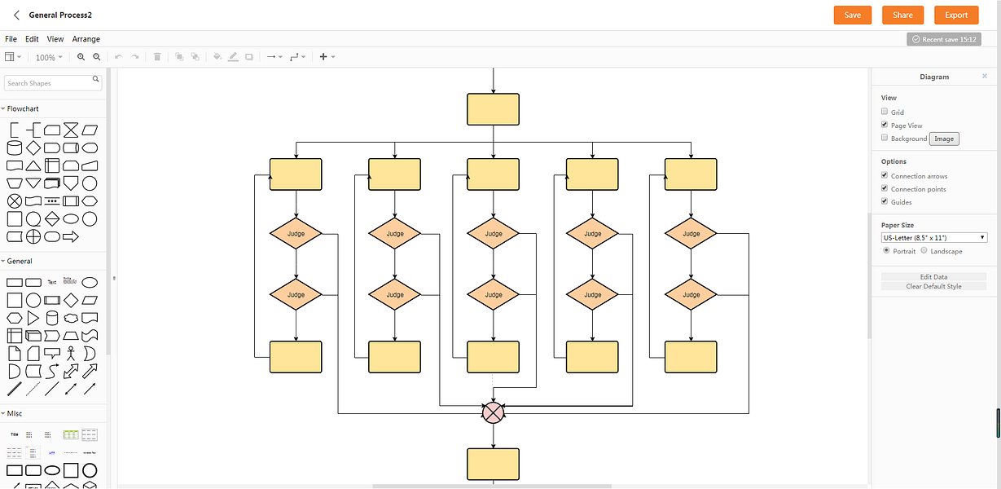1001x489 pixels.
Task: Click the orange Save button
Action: (x=852, y=15)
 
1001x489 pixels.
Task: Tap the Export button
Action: (x=956, y=15)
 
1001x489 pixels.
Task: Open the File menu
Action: (x=11, y=39)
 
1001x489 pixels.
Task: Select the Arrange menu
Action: (x=86, y=39)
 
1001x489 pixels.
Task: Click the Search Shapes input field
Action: (x=48, y=83)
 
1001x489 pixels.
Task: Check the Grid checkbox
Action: (x=885, y=112)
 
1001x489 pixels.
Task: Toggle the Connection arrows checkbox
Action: (x=885, y=175)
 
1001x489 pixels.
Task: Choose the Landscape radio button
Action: (x=924, y=251)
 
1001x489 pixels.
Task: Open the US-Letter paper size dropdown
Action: (x=934, y=237)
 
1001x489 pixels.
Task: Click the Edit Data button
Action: (x=933, y=277)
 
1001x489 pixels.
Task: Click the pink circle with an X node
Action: (x=493, y=412)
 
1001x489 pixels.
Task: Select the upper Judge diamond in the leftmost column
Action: (x=296, y=234)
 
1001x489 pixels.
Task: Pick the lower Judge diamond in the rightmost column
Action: (x=691, y=294)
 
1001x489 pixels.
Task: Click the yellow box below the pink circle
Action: (x=493, y=464)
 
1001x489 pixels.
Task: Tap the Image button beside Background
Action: (x=944, y=139)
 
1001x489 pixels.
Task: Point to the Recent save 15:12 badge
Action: (x=943, y=39)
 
